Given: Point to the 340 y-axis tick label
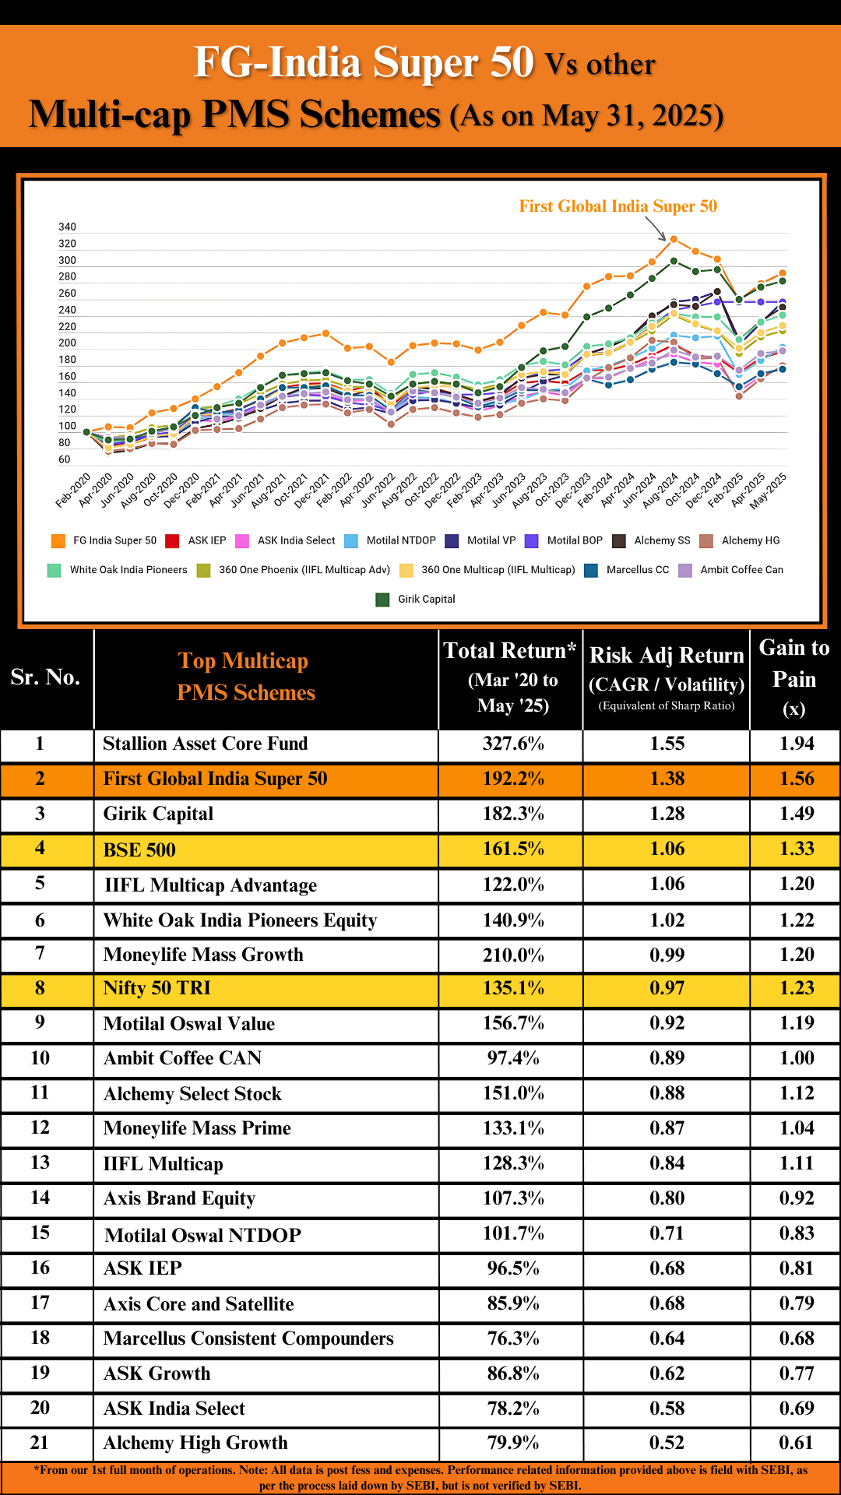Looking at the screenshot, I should click(67, 227).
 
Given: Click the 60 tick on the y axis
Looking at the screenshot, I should click(64, 459).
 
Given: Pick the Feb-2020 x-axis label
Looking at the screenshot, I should click(73, 491).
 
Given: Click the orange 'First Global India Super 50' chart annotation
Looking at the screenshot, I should click(618, 206).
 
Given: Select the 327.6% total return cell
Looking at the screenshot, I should click(512, 744).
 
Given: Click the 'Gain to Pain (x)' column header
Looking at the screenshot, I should click(793, 678).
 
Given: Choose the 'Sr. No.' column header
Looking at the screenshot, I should click(45, 677).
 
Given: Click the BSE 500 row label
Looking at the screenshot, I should click(139, 850).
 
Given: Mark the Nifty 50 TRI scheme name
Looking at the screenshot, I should click(157, 988).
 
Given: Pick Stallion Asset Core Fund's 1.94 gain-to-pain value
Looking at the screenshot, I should click(796, 744).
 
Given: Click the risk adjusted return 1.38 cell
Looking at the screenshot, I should click(667, 779).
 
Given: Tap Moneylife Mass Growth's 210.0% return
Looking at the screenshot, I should click(512, 955).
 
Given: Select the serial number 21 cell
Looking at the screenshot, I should click(40, 1443).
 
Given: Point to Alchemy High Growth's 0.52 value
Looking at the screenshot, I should click(667, 1443).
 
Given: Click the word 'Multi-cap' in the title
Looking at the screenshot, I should click(109, 114).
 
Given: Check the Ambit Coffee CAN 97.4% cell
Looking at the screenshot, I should click(512, 1058).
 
